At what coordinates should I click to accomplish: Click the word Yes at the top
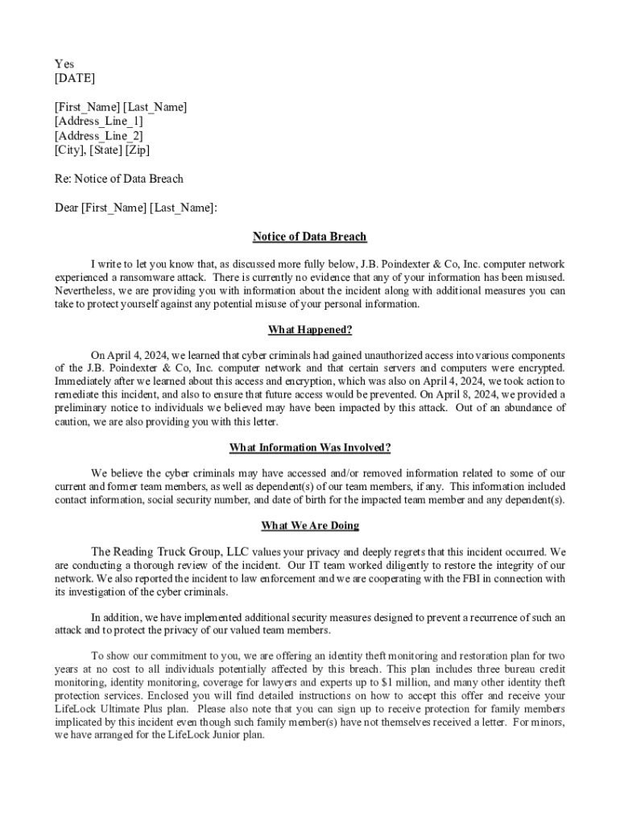click(64, 64)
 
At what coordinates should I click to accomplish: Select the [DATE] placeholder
click(74, 78)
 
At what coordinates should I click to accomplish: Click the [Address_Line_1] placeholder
click(98, 122)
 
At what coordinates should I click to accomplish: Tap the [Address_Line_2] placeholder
click(98, 136)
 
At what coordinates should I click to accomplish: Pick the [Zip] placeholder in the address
click(137, 150)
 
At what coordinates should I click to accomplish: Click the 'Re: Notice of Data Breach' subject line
click(118, 179)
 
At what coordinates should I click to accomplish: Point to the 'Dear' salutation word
click(66, 208)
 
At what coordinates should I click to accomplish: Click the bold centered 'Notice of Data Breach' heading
click(309, 237)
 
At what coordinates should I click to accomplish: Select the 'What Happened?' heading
click(309, 330)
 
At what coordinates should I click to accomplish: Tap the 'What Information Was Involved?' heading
click(309, 447)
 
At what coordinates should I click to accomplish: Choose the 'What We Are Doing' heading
click(309, 525)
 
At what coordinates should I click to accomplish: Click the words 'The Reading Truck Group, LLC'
click(170, 552)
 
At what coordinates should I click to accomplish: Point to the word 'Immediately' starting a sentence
click(84, 381)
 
